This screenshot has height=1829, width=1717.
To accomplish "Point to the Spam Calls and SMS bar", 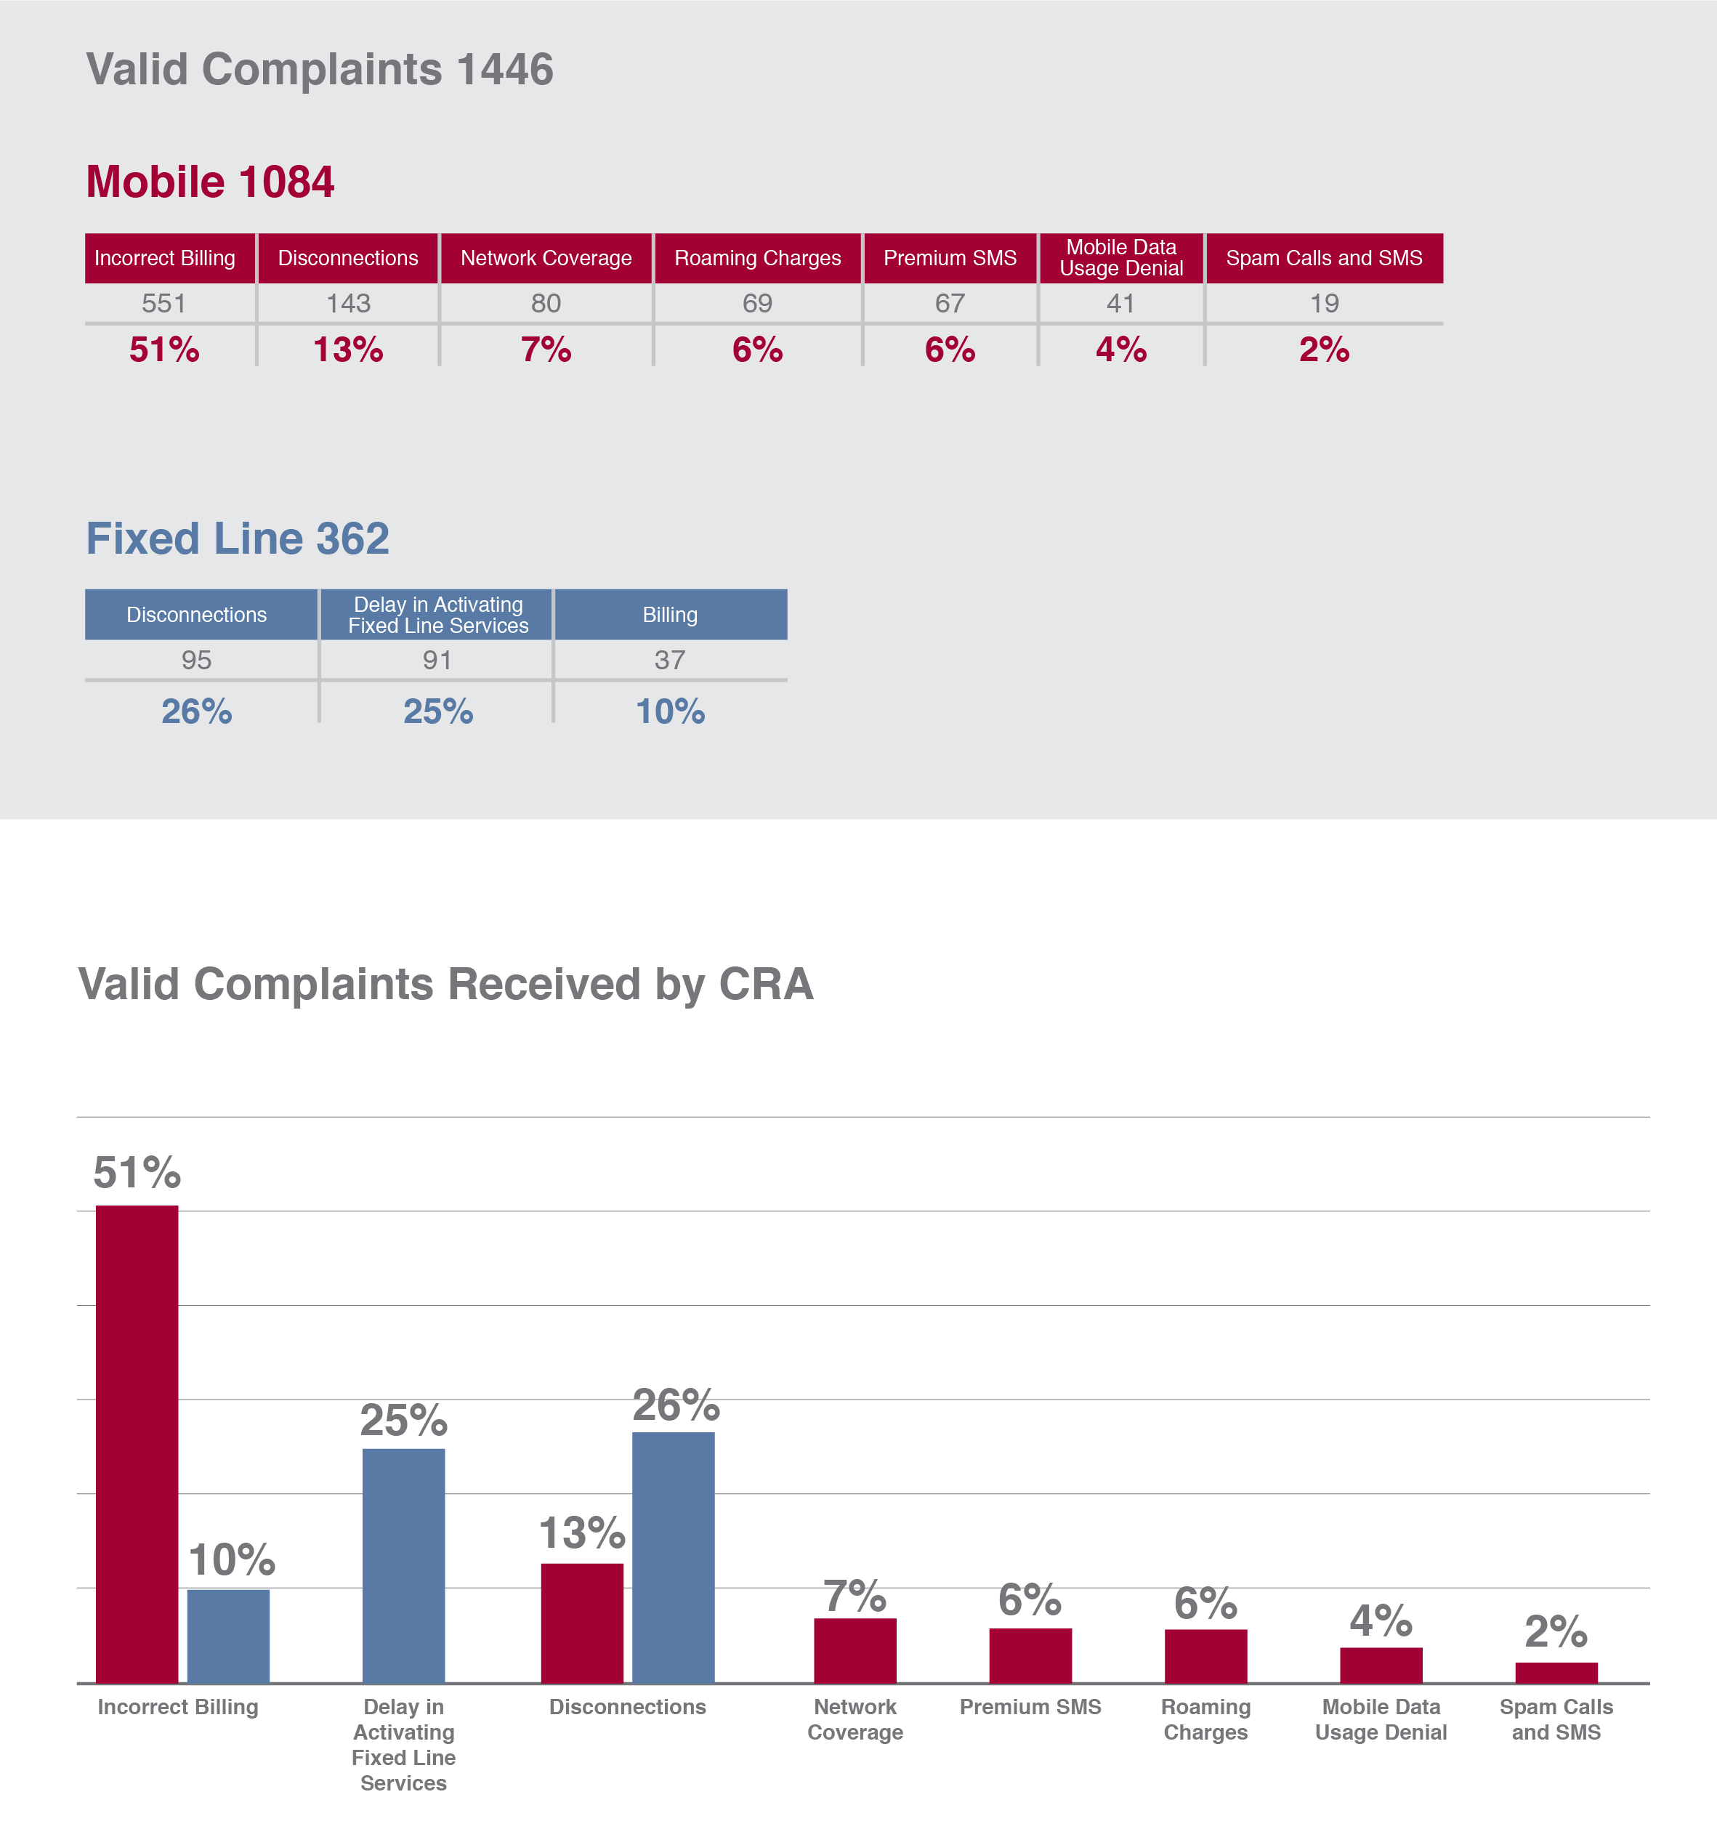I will pyautogui.click(x=1556, y=1673).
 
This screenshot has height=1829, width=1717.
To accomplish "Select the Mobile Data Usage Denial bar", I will pyautogui.click(x=1381, y=1666).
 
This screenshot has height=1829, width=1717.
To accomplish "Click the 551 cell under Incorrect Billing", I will pyautogui.click(x=163, y=303).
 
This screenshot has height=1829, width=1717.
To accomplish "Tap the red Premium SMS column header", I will pyautogui.click(x=950, y=258).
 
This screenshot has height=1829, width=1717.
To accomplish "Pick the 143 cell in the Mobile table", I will pyautogui.click(x=348, y=303).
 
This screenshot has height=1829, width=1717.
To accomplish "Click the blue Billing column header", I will pyautogui.click(x=670, y=615).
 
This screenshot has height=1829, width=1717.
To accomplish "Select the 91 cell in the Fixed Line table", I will pyautogui.click(x=437, y=660).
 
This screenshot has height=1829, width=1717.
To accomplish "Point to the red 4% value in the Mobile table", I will pyautogui.click(x=1120, y=350).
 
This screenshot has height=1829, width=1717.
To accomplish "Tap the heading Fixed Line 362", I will pyautogui.click(x=238, y=538).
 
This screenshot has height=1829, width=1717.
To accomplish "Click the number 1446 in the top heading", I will pyautogui.click(x=504, y=69).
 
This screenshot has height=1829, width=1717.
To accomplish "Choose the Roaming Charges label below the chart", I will pyautogui.click(x=1205, y=1719).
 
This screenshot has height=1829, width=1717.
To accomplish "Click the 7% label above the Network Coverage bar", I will pyautogui.click(x=854, y=1596).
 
